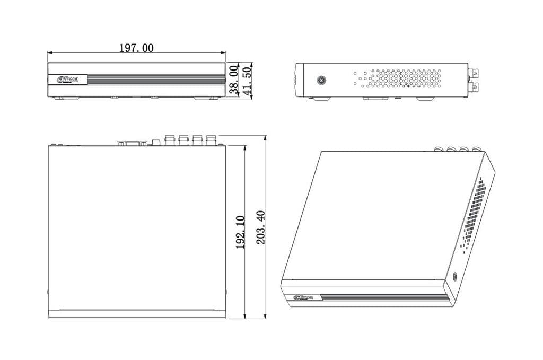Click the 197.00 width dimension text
tap(136, 48)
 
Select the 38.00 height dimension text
tap(233, 80)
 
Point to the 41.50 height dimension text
tap(247, 80)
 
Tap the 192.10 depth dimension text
tap(240, 232)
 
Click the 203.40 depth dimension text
tap(260, 227)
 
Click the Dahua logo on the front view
tap(68, 80)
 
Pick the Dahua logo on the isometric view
tap(303, 297)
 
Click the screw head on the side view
tap(321, 81)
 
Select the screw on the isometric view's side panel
tap(455, 276)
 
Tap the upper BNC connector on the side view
tap(474, 71)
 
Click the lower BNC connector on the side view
tap(474, 86)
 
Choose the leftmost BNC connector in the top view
tap(170, 139)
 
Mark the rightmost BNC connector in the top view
tap(212, 139)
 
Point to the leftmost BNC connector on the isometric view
tap(439, 150)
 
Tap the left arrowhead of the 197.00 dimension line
tap(49, 52)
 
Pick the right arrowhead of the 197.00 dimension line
tap(224, 52)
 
